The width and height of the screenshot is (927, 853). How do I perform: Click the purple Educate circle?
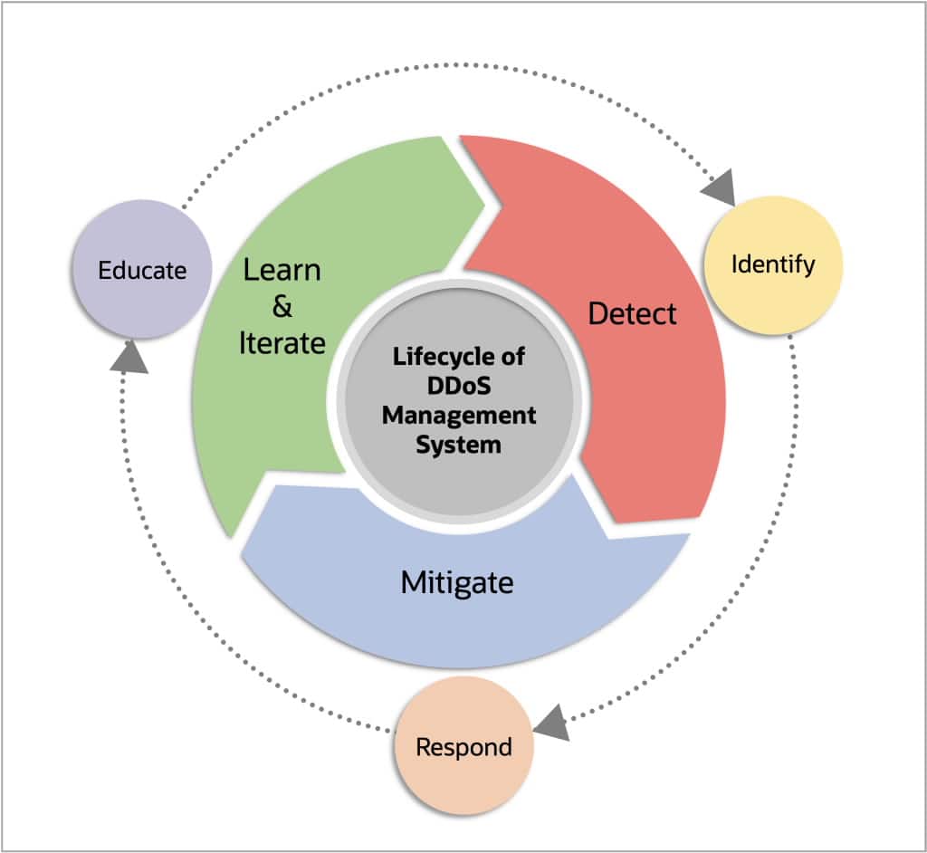tap(141, 270)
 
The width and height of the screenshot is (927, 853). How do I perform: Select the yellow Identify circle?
tap(773, 264)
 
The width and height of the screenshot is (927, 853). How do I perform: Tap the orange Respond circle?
tap(463, 746)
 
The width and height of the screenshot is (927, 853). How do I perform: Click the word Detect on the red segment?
tap(632, 313)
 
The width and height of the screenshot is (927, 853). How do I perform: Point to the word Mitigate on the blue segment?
tap(456, 581)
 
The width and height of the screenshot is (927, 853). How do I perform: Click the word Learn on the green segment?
tap(282, 270)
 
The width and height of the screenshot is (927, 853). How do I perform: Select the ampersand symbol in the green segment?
tap(282, 307)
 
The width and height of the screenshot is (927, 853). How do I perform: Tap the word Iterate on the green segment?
tap(282, 343)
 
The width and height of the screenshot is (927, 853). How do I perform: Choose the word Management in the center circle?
tap(458, 416)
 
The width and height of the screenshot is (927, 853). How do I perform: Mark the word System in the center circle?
tap(458, 445)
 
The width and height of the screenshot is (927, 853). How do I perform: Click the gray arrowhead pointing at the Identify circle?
tap(720, 189)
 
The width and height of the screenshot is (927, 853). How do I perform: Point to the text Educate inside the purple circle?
tap(141, 270)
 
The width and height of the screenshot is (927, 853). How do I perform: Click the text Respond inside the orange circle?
tap(463, 747)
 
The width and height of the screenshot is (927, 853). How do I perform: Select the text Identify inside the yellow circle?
tap(773, 264)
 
